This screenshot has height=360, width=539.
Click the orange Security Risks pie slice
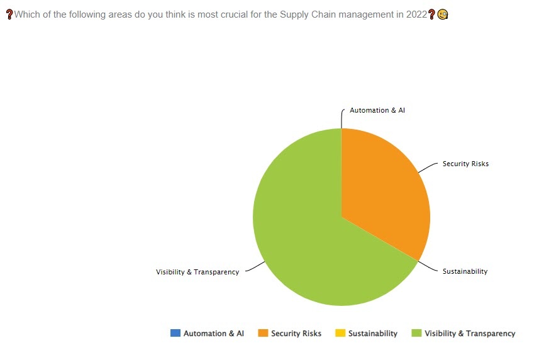click(x=384, y=189)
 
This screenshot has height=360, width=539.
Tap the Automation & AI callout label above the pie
click(x=377, y=110)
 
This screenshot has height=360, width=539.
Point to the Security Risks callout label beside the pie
click(x=465, y=164)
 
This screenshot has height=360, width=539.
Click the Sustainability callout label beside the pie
click(x=465, y=271)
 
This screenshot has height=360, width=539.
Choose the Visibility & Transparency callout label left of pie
click(x=197, y=272)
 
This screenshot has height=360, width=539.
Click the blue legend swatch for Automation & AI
click(x=175, y=333)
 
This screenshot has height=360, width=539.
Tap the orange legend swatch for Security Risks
click(x=263, y=333)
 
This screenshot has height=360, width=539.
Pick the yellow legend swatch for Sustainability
click(x=340, y=333)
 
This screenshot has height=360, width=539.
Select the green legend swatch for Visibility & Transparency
click(x=416, y=333)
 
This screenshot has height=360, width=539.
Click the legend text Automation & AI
click(x=213, y=334)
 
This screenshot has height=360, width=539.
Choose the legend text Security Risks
click(x=296, y=334)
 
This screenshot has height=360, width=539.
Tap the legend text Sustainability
click(x=373, y=334)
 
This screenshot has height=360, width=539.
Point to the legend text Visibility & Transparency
click(x=470, y=334)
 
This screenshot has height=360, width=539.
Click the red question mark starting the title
click(x=9, y=14)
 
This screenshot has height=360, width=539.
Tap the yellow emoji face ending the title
click(x=443, y=14)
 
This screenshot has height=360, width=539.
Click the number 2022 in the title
click(x=416, y=14)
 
